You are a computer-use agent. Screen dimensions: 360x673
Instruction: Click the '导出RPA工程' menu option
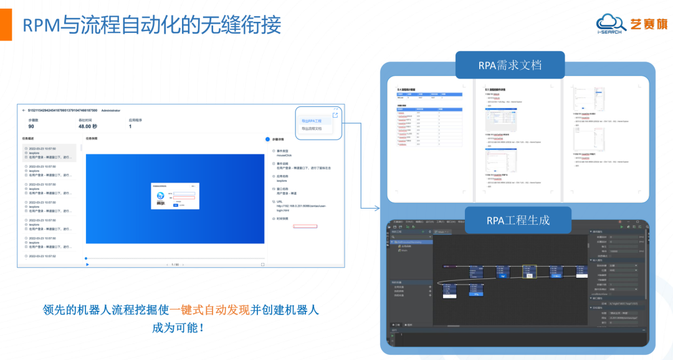[312, 121]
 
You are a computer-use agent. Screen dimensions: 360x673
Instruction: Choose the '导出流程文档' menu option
[312, 128]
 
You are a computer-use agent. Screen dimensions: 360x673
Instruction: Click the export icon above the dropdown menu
[335, 115]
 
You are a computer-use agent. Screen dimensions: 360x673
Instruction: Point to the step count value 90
[31, 126]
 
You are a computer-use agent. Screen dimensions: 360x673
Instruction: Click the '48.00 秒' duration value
[89, 126]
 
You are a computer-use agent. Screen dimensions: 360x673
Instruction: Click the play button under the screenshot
[87, 265]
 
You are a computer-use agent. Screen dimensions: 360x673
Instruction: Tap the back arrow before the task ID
[24, 110]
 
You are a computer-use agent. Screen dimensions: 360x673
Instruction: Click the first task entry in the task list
[50, 153]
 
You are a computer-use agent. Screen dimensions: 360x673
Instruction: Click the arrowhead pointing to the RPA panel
[378, 208]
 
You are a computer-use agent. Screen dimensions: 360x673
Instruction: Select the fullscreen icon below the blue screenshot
[262, 265]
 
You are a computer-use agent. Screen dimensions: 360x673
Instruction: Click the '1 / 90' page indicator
[175, 265]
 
